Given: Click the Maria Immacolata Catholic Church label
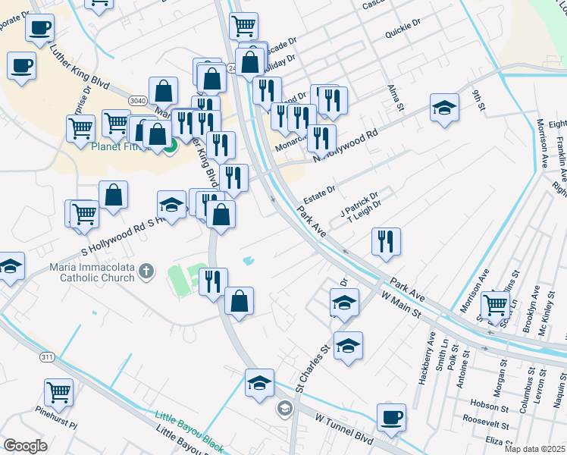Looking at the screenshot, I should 90,271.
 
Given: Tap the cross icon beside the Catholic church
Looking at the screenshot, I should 150,270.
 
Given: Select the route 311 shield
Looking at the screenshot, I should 47,356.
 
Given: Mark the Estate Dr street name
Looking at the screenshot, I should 320,193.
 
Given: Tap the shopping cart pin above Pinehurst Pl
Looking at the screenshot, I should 58,393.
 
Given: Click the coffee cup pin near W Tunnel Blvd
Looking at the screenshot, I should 391,417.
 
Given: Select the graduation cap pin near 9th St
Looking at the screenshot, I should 444,108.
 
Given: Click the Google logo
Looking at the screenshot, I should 25,446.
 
